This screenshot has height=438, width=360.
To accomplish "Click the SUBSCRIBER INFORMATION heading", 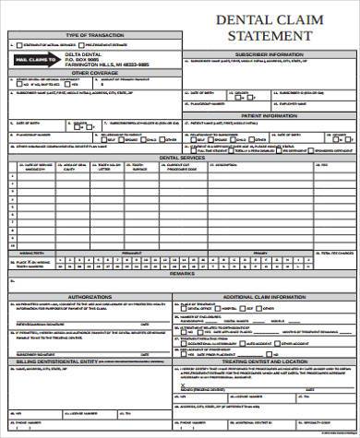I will click(x=268, y=54).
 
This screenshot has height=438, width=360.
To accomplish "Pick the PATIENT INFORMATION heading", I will click(x=268, y=116).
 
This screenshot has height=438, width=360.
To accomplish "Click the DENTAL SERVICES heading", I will click(x=181, y=158).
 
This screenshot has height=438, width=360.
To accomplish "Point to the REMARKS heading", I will click(x=181, y=274).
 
